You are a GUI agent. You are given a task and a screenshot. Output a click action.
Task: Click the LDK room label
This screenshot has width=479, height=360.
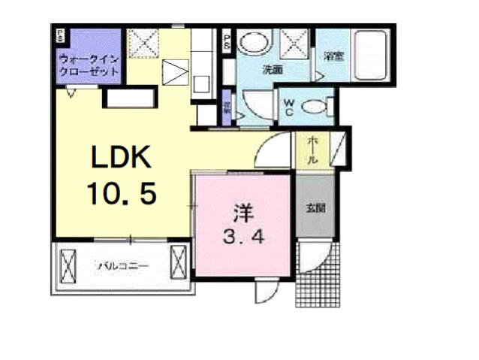[122, 158]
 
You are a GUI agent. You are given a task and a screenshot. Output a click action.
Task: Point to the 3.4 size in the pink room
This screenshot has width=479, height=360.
[242, 238]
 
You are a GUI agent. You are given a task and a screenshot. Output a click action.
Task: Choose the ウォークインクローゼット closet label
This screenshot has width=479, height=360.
[89, 65]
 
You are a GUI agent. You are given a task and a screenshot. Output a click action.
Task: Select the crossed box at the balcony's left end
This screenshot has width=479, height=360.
[68, 265]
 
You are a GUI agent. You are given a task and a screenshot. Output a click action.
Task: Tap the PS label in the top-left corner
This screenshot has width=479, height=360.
[59, 35]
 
